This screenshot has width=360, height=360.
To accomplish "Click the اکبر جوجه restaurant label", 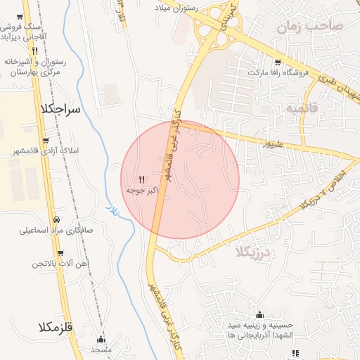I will [141, 191].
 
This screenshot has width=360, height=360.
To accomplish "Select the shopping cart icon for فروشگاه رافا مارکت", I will [277, 62].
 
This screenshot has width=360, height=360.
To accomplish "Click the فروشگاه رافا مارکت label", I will [277, 72].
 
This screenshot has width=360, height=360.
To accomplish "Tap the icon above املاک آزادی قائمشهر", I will [46, 141].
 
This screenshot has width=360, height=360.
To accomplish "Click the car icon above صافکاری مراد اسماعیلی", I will [56, 219].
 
